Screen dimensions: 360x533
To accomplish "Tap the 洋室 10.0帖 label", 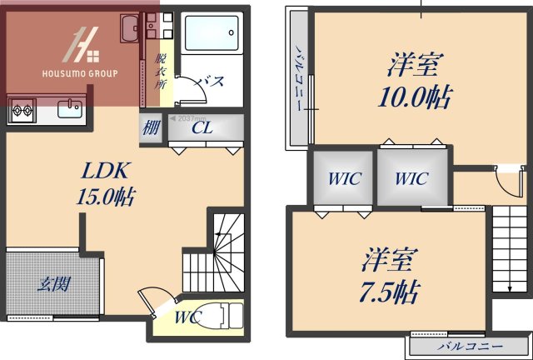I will click(413, 82).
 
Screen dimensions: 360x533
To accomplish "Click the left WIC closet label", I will click(343, 178).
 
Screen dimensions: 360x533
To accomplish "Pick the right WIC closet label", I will click(411, 178).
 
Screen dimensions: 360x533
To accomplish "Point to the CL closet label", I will click(202, 128).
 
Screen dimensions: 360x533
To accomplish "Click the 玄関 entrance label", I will click(52, 284).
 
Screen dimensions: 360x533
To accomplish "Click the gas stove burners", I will click(21, 107).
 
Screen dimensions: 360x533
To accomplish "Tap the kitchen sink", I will click(67, 108).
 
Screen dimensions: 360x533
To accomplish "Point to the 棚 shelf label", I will click(151, 129).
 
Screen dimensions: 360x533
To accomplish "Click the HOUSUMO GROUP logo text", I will click(80, 73).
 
